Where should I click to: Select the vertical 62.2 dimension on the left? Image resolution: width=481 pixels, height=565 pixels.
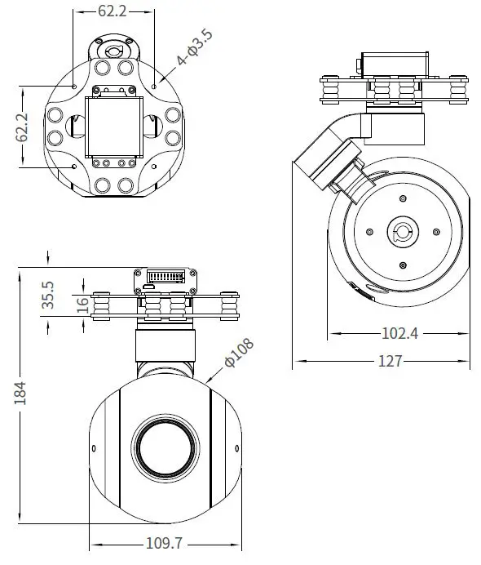24,127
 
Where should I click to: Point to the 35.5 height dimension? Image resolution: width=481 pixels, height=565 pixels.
48,295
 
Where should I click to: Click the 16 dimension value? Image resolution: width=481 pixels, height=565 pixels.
82,305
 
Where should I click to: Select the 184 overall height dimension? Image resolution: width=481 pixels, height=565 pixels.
21,393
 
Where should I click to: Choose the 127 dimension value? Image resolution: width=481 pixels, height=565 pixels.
391,361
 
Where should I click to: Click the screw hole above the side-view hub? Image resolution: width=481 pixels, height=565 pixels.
403,198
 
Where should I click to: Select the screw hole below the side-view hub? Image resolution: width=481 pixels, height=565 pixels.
403,265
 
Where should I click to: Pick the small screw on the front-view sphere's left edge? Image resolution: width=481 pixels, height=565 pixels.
94,447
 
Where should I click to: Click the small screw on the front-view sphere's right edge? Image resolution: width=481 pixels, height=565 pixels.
237,447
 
